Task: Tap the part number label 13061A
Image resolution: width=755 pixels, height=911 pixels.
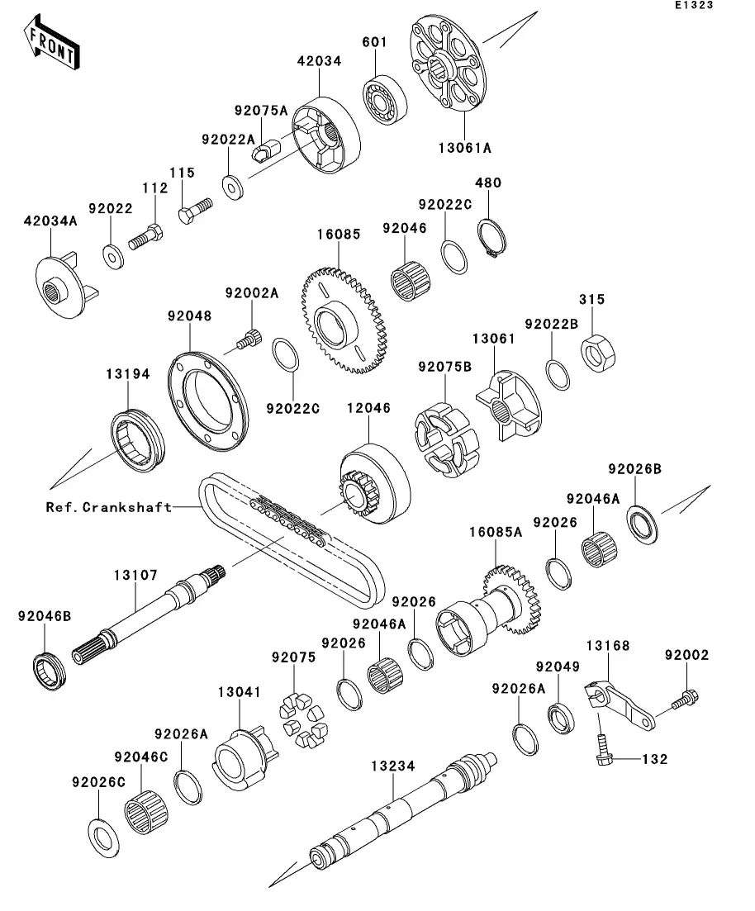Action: click(465, 148)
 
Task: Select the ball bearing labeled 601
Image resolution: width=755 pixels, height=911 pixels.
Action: click(385, 100)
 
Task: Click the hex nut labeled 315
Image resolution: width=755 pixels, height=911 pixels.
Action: click(597, 353)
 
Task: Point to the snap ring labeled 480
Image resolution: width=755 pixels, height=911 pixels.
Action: click(492, 238)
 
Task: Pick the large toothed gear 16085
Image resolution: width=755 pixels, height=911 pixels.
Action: click(343, 320)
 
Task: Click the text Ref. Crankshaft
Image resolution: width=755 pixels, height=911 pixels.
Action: click(109, 507)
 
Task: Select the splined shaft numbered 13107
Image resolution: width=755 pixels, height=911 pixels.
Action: click(149, 614)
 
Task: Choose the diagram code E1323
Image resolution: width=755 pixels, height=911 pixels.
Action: click(694, 5)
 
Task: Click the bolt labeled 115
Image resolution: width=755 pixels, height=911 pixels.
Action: click(195, 211)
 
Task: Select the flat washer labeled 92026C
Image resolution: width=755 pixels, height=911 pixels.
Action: click(103, 837)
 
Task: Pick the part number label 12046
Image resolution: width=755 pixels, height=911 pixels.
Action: click(368, 409)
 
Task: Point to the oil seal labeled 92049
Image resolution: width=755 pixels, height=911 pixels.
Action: click(561, 718)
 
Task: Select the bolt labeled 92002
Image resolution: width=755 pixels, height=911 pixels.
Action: click(685, 700)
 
